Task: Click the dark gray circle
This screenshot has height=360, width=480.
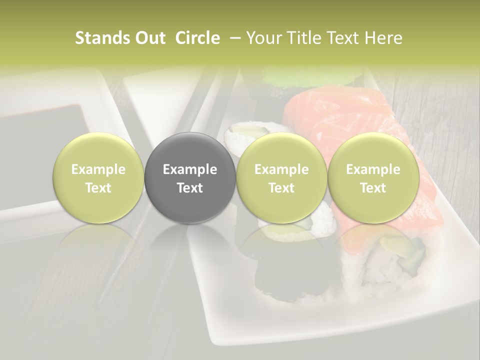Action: click(190, 177)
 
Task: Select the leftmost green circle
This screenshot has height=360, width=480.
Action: click(98, 177)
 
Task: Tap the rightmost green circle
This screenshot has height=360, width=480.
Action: click(373, 177)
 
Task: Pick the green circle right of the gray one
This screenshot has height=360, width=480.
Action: click(281, 177)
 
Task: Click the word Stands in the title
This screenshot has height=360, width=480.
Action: click(101, 38)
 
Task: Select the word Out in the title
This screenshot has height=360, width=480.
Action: click(149, 38)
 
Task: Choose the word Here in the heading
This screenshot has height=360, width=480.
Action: click(383, 38)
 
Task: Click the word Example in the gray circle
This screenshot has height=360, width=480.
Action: click(190, 169)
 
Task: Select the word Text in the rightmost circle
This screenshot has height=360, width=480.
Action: click(373, 187)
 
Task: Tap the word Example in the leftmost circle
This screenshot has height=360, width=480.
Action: click(98, 169)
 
